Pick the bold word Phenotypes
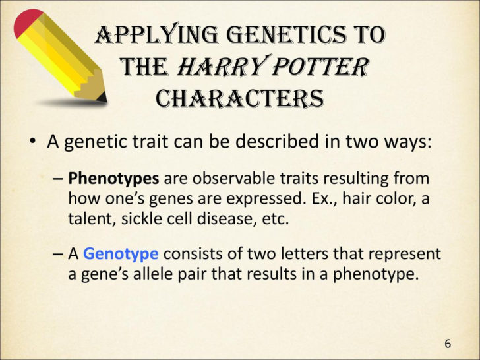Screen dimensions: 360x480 click(x=113, y=179)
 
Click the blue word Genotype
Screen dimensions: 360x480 click(x=121, y=254)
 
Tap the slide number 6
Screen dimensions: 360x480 click(x=448, y=344)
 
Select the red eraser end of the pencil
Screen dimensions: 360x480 click(x=26, y=23)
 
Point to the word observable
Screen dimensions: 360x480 click(x=227, y=179)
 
